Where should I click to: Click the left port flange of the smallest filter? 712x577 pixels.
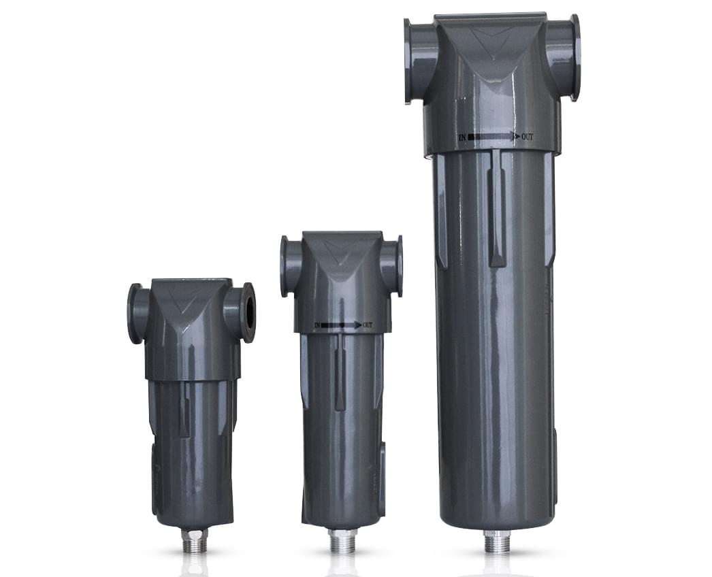[135, 313]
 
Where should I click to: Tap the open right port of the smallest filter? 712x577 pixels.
[248, 312]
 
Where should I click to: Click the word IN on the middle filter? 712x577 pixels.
[317, 326]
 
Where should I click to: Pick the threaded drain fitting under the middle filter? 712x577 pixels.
[342, 542]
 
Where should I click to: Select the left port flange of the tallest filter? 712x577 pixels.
[410, 61]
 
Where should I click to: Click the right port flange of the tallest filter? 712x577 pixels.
[573, 58]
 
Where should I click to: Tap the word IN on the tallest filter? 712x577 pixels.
[463, 137]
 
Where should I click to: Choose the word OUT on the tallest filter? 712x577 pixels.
[528, 137]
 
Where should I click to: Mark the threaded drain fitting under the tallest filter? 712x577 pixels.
[497, 542]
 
